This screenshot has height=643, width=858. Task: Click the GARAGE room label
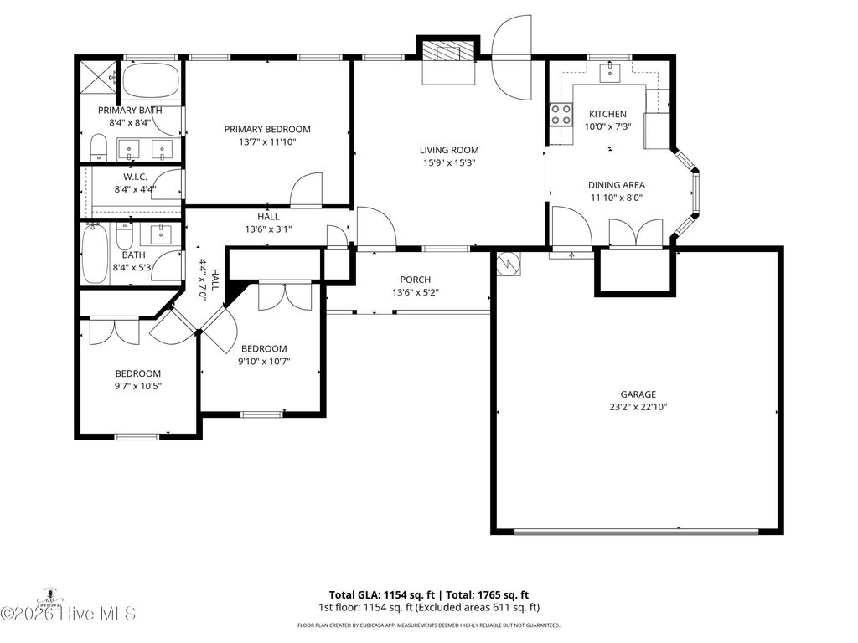pos(638,394)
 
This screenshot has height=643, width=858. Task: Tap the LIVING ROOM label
pos(449,151)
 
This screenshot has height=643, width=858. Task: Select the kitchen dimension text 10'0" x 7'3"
pos(607,127)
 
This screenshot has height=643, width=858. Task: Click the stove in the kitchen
pos(561,114)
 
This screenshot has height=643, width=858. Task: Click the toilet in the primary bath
pos(98,148)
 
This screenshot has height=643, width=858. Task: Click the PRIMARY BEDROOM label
pos(266,130)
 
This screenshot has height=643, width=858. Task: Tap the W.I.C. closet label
pos(135,177)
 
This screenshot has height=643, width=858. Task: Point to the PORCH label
pos(415,280)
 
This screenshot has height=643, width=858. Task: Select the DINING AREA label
pos(616,186)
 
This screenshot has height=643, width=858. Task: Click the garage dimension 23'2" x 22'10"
pos(638,407)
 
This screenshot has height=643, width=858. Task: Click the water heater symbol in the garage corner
pos(509,264)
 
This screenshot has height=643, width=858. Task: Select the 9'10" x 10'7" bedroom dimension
pos(264,362)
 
